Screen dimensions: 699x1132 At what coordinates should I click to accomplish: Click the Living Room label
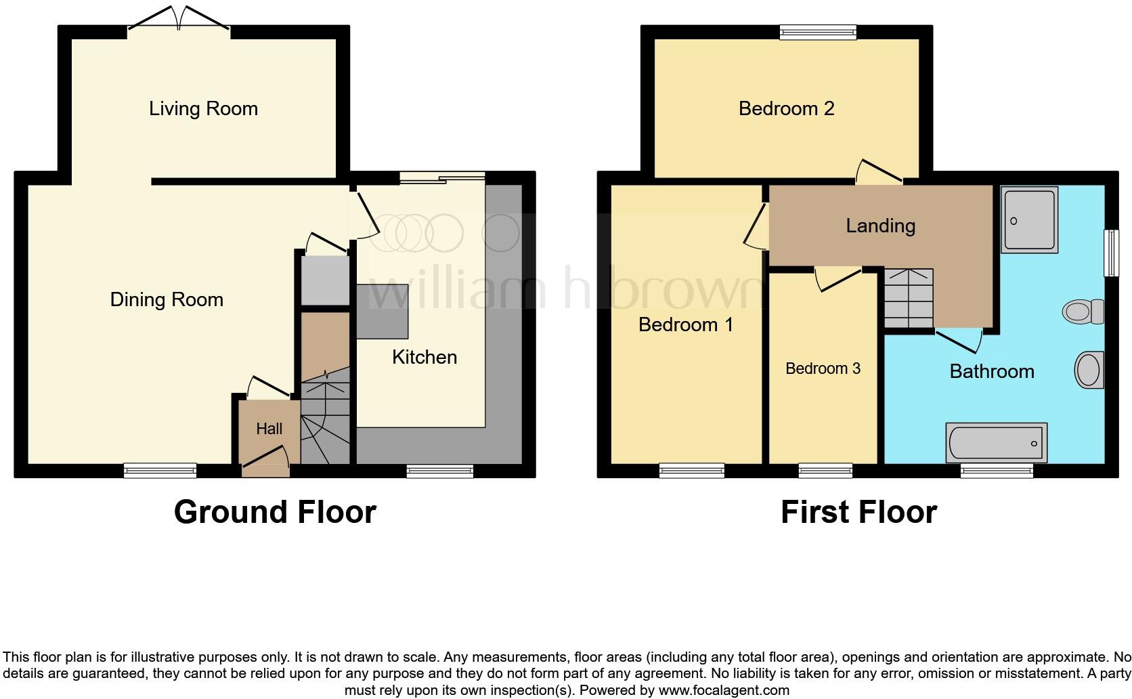point(203,108)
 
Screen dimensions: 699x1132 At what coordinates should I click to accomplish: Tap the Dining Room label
point(167,299)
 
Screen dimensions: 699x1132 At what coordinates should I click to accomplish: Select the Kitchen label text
point(424,357)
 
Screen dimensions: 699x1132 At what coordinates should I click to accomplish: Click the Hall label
point(269,429)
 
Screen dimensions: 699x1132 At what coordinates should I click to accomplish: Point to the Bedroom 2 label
point(786,108)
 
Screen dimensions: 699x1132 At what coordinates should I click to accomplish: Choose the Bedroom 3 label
point(823,368)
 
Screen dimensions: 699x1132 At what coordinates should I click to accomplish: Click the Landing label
point(880,226)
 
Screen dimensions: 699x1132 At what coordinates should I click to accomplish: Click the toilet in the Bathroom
point(1082,312)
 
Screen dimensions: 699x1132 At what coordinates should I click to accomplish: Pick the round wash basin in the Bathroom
point(1089,370)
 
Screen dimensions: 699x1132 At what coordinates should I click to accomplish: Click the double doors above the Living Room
point(179,19)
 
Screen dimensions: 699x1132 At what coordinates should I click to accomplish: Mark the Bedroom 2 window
point(818,31)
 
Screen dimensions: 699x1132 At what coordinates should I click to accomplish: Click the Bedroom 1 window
point(692,470)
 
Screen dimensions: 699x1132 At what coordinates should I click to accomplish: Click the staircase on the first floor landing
point(909,297)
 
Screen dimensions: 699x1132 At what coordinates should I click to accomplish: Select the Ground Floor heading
point(275,512)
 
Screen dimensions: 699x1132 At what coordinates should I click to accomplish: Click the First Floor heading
point(858,512)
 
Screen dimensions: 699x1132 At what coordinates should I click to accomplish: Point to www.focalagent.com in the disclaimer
point(724,690)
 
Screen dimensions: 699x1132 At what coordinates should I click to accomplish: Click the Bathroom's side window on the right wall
point(1111,253)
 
